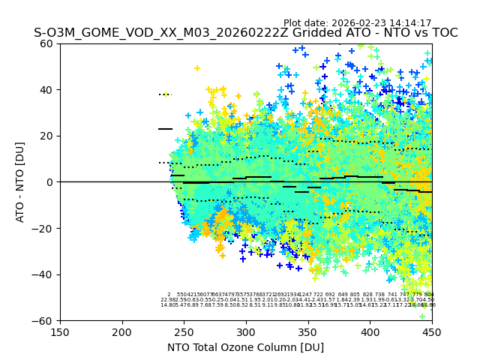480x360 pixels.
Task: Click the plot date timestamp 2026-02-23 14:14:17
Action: coord(357,23)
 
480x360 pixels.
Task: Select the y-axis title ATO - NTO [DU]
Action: coord(21,182)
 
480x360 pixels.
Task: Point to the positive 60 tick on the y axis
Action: coord(47,43)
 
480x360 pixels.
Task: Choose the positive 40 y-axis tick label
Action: coord(47,90)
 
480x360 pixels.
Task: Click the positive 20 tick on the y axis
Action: coord(47,136)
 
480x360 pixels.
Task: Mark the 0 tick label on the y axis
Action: coord(50,182)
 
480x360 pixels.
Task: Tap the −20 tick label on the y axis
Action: coord(45,228)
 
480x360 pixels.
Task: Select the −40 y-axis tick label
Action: coord(45,274)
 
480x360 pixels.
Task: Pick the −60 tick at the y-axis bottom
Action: coord(45,320)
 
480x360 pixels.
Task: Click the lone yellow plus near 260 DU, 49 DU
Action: coord(197,68)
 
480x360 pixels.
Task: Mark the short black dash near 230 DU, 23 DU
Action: coord(165,129)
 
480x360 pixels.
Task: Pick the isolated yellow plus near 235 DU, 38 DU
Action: coord(166,94)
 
